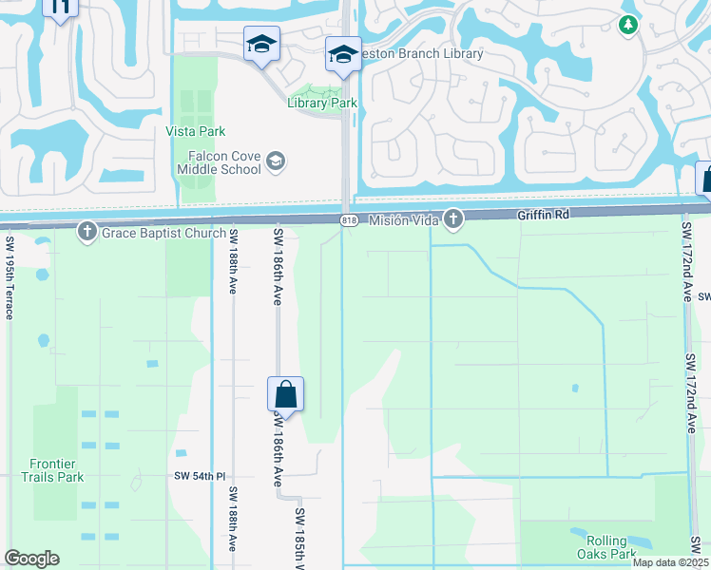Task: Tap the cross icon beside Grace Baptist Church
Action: (x=87, y=230)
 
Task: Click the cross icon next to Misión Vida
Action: (x=453, y=219)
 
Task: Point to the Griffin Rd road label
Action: (x=543, y=216)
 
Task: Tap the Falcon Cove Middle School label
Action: (x=219, y=162)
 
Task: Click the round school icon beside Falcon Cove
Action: (x=276, y=161)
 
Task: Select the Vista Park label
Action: (x=196, y=131)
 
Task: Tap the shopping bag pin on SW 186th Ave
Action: (x=285, y=393)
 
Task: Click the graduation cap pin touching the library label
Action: (x=343, y=53)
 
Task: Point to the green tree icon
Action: (x=626, y=25)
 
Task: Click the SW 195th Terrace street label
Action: (x=10, y=277)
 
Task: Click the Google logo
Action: (x=31, y=559)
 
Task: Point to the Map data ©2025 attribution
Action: (x=669, y=562)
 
